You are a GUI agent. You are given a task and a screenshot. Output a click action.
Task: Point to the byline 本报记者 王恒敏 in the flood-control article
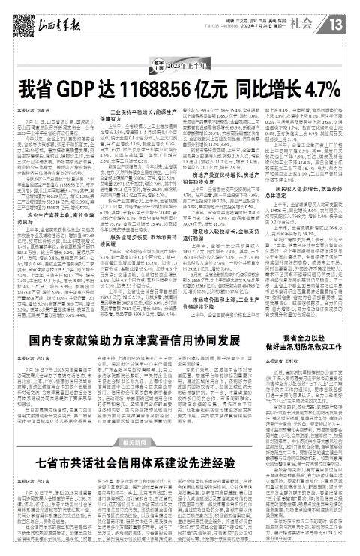pyautogui.click(x=298, y=384)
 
